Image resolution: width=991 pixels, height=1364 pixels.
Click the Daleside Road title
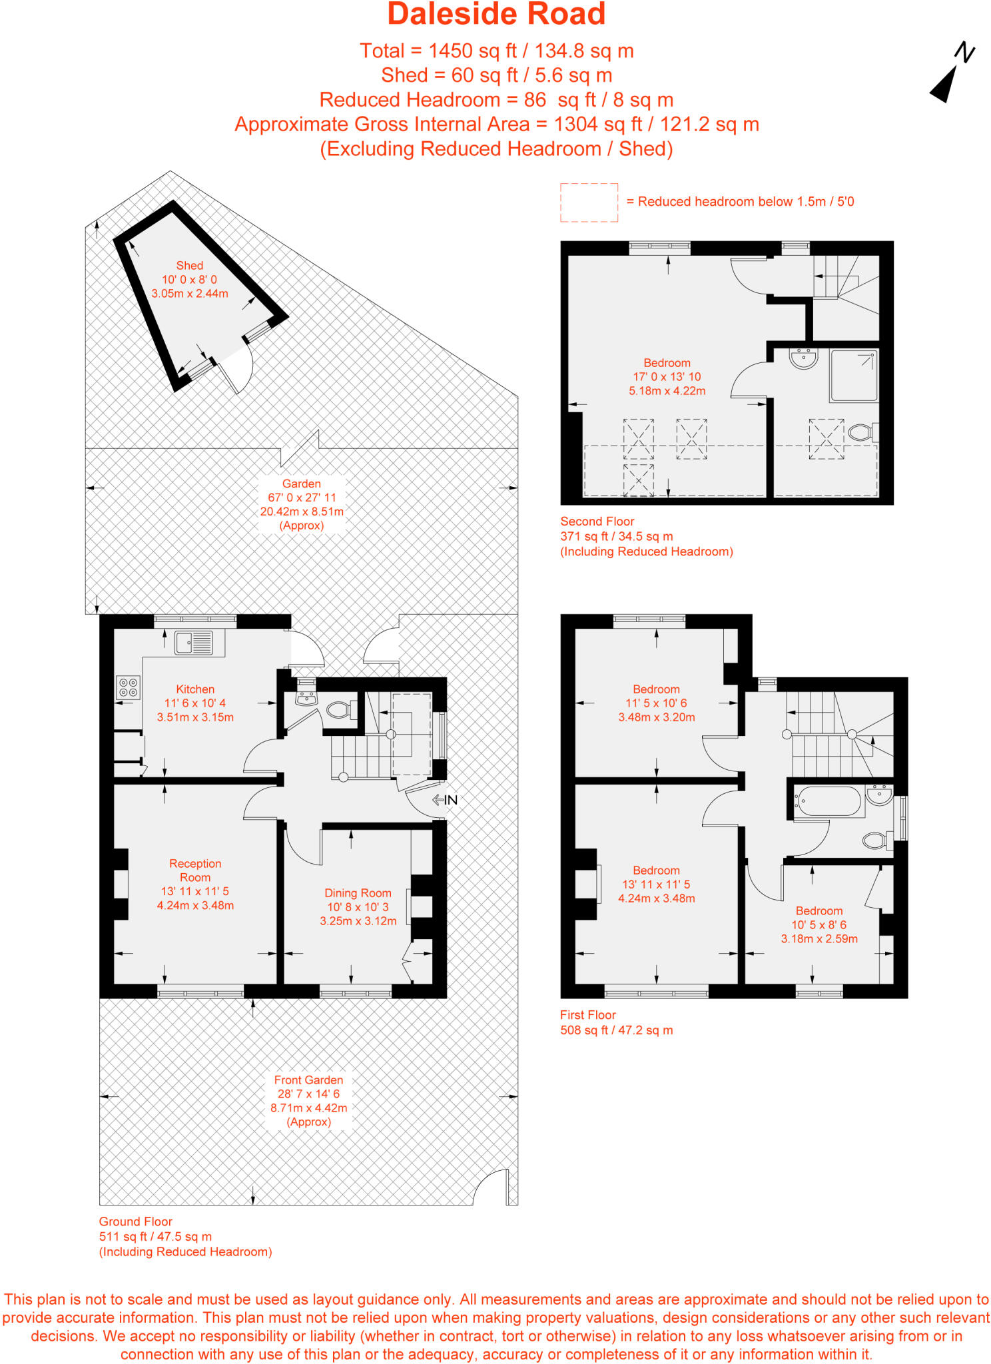(496, 15)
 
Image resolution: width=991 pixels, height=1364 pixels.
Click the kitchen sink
(194, 643)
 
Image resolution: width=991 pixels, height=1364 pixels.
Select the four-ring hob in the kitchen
(129, 687)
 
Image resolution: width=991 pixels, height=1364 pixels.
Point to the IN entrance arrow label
(446, 800)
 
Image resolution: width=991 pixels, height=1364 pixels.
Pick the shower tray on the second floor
(854, 376)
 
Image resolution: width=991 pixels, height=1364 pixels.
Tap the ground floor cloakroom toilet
(340, 710)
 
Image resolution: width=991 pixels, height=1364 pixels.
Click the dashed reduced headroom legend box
(589, 202)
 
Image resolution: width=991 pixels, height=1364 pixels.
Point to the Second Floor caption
(597, 521)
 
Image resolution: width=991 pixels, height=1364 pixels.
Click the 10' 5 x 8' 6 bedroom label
(819, 924)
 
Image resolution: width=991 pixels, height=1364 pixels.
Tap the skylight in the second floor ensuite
(826, 438)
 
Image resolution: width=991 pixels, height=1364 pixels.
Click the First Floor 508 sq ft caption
(616, 1022)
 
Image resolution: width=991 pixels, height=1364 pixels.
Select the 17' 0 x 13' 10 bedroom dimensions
(667, 377)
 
